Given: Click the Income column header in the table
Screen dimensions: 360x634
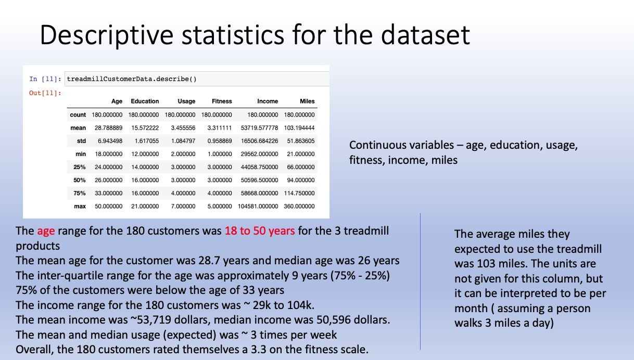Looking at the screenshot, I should coord(268,101).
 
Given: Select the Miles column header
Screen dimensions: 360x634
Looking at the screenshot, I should coord(307,101).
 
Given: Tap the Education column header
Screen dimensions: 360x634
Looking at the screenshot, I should coord(145,101).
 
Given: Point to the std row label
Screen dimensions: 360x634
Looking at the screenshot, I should coord(81,141).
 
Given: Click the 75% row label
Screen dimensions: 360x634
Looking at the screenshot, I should coord(79,193).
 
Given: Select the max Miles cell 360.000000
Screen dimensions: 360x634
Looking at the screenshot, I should coord(299,206).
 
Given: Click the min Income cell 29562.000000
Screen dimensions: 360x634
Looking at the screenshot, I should coord(259,154).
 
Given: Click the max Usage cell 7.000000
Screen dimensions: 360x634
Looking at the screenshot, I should coord(183,206).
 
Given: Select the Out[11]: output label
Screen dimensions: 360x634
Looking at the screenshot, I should coord(46,93).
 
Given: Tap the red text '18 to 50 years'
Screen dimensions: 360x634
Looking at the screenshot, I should coord(259,230).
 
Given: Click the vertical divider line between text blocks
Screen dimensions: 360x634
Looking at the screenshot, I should coord(421,281).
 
